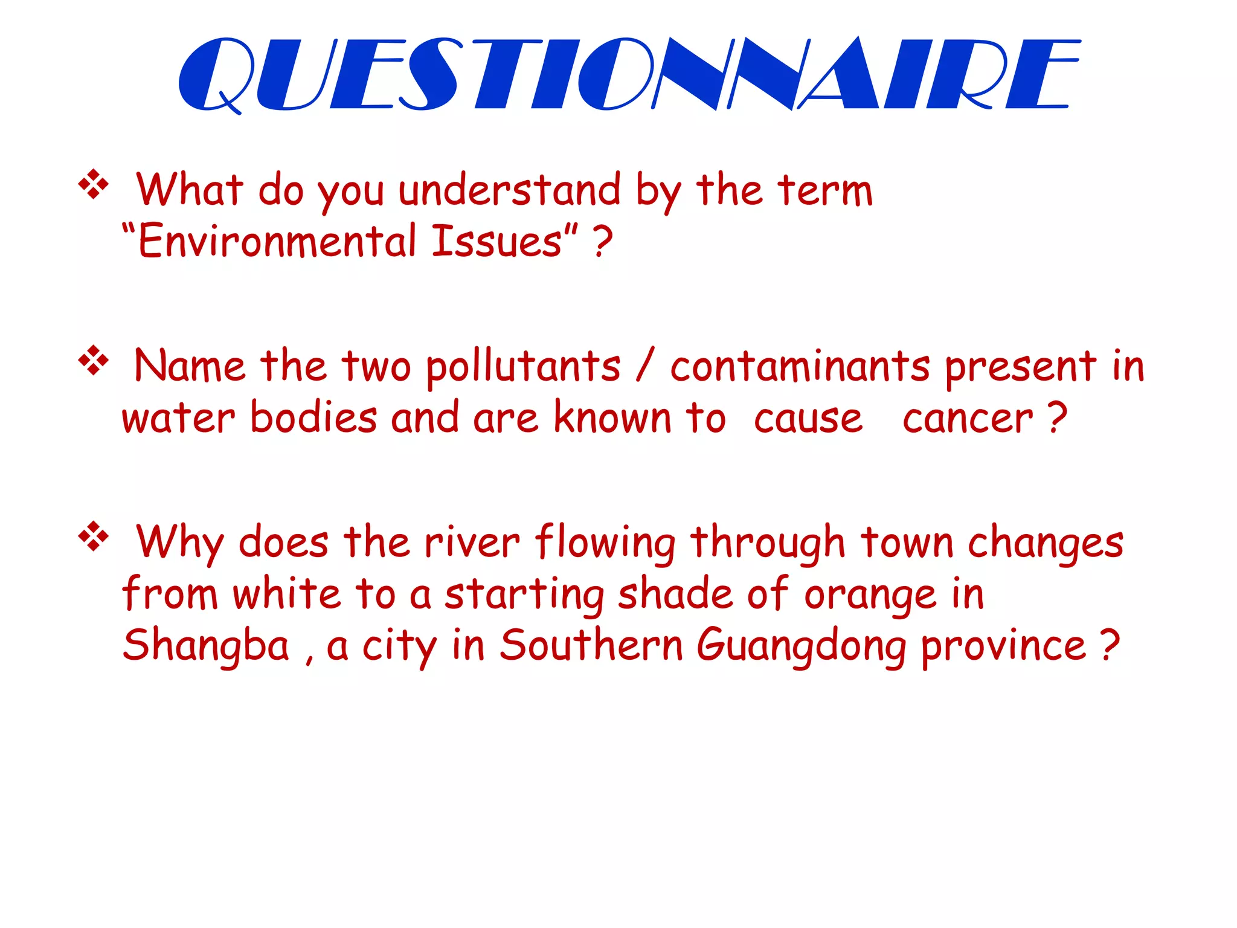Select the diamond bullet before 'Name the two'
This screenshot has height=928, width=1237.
94,361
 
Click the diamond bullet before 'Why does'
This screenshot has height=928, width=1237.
94,536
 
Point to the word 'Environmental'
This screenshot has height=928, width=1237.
277,242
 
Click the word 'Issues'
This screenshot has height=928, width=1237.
496,242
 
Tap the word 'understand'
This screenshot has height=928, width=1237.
509,190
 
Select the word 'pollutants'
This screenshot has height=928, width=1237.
523,367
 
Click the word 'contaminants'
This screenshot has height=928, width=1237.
800,366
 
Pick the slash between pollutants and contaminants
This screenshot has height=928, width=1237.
645,365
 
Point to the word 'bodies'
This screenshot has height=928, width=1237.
313,417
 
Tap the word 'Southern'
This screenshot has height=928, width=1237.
591,645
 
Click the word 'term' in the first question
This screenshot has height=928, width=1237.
825,191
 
